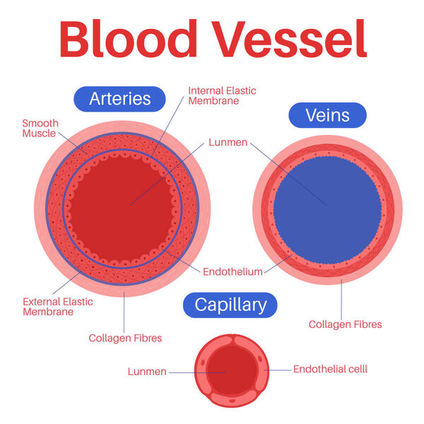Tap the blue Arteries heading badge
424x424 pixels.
tap(120, 98)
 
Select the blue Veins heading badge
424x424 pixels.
tap(326, 115)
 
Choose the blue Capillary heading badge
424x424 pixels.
tap(230, 305)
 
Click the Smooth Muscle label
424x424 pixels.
tap(40, 128)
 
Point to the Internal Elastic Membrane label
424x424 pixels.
tap(222, 95)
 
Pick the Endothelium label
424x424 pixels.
tap(232, 271)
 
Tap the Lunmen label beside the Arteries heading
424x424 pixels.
tap(228, 142)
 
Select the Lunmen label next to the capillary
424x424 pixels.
tap(147, 371)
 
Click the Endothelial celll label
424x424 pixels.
tap(330, 369)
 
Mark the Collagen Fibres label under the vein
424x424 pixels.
tap(345, 324)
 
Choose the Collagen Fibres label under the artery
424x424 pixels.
tap(125, 338)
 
